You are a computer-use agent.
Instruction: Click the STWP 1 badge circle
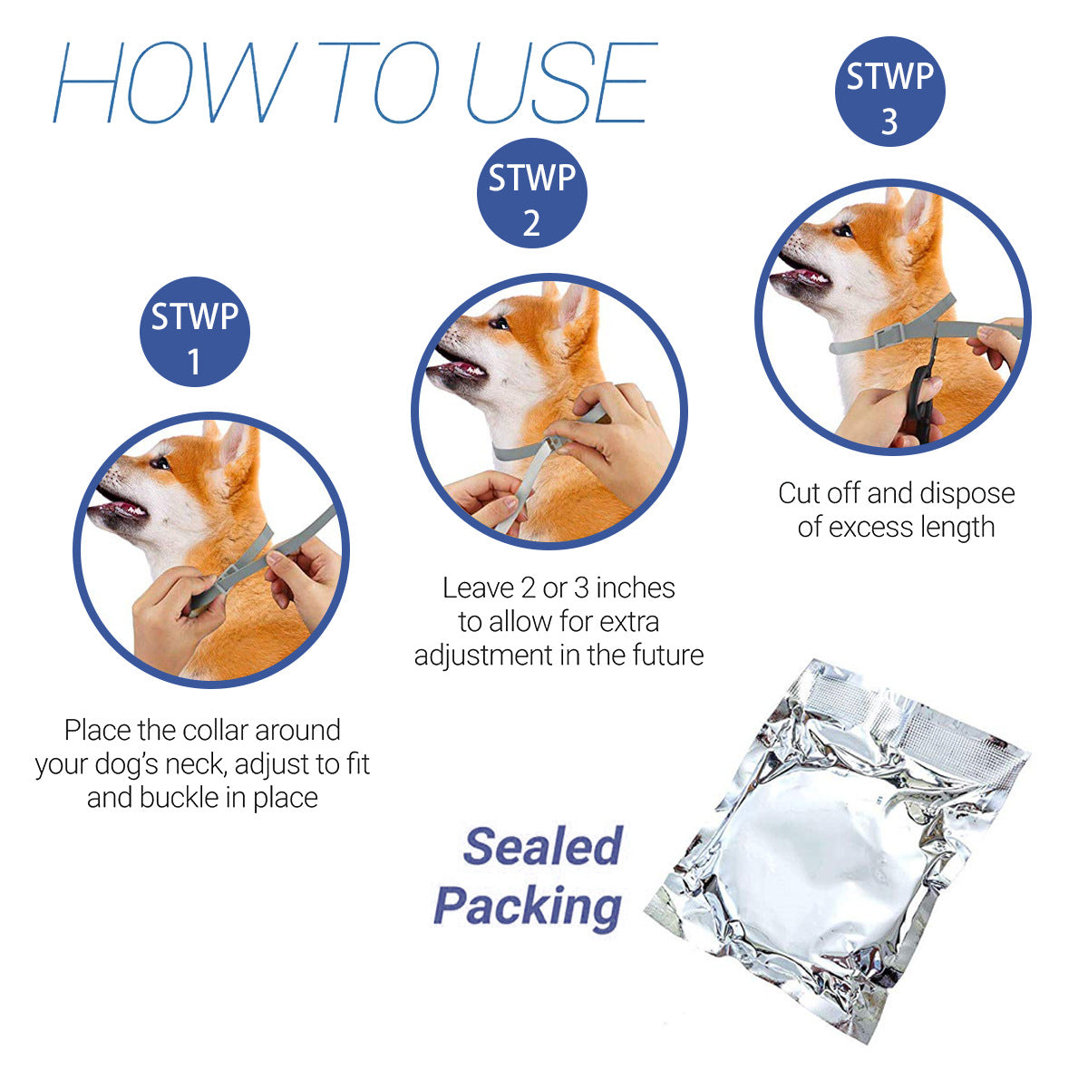coord(195,332)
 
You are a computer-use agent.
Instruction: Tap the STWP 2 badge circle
coord(532,193)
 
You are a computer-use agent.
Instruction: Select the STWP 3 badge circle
coord(889,92)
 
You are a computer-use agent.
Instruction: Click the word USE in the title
coord(560,83)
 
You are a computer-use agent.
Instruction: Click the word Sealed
coord(542,847)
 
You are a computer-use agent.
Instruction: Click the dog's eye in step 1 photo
coord(160,463)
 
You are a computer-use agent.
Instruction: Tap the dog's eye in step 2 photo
coord(499,324)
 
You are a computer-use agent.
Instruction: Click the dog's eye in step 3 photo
coord(843,230)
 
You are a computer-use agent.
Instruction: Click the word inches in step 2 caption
coord(636,588)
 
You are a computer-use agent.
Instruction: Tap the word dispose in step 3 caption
coord(967,494)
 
